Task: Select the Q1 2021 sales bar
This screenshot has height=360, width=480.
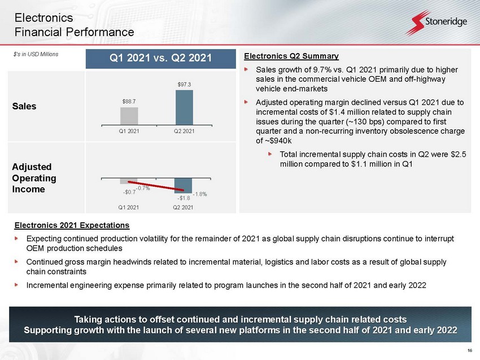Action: coord(129,116)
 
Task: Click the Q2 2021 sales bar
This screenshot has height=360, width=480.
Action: coord(184,107)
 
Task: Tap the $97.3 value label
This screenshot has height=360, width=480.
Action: coord(184,85)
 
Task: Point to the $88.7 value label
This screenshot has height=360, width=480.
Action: coord(129,101)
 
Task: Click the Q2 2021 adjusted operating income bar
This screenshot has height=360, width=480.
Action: coord(183,185)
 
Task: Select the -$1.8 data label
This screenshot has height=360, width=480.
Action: coord(184,198)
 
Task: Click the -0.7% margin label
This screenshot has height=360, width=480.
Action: coord(143,188)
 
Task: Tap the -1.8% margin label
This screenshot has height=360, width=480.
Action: coord(200,194)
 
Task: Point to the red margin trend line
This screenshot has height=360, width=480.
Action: coord(156,186)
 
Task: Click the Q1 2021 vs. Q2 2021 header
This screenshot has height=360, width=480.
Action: coord(161,58)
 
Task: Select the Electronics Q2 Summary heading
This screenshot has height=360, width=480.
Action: coord(291,56)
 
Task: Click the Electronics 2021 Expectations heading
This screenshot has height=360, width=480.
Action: coord(72,225)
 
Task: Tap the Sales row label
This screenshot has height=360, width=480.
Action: coord(24,106)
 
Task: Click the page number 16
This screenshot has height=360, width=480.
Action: coord(470,350)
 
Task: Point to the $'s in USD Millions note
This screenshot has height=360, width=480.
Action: coord(36,54)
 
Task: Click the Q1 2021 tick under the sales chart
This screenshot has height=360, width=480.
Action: coord(129,131)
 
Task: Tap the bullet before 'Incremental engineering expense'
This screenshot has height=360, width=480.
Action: coord(16,285)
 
